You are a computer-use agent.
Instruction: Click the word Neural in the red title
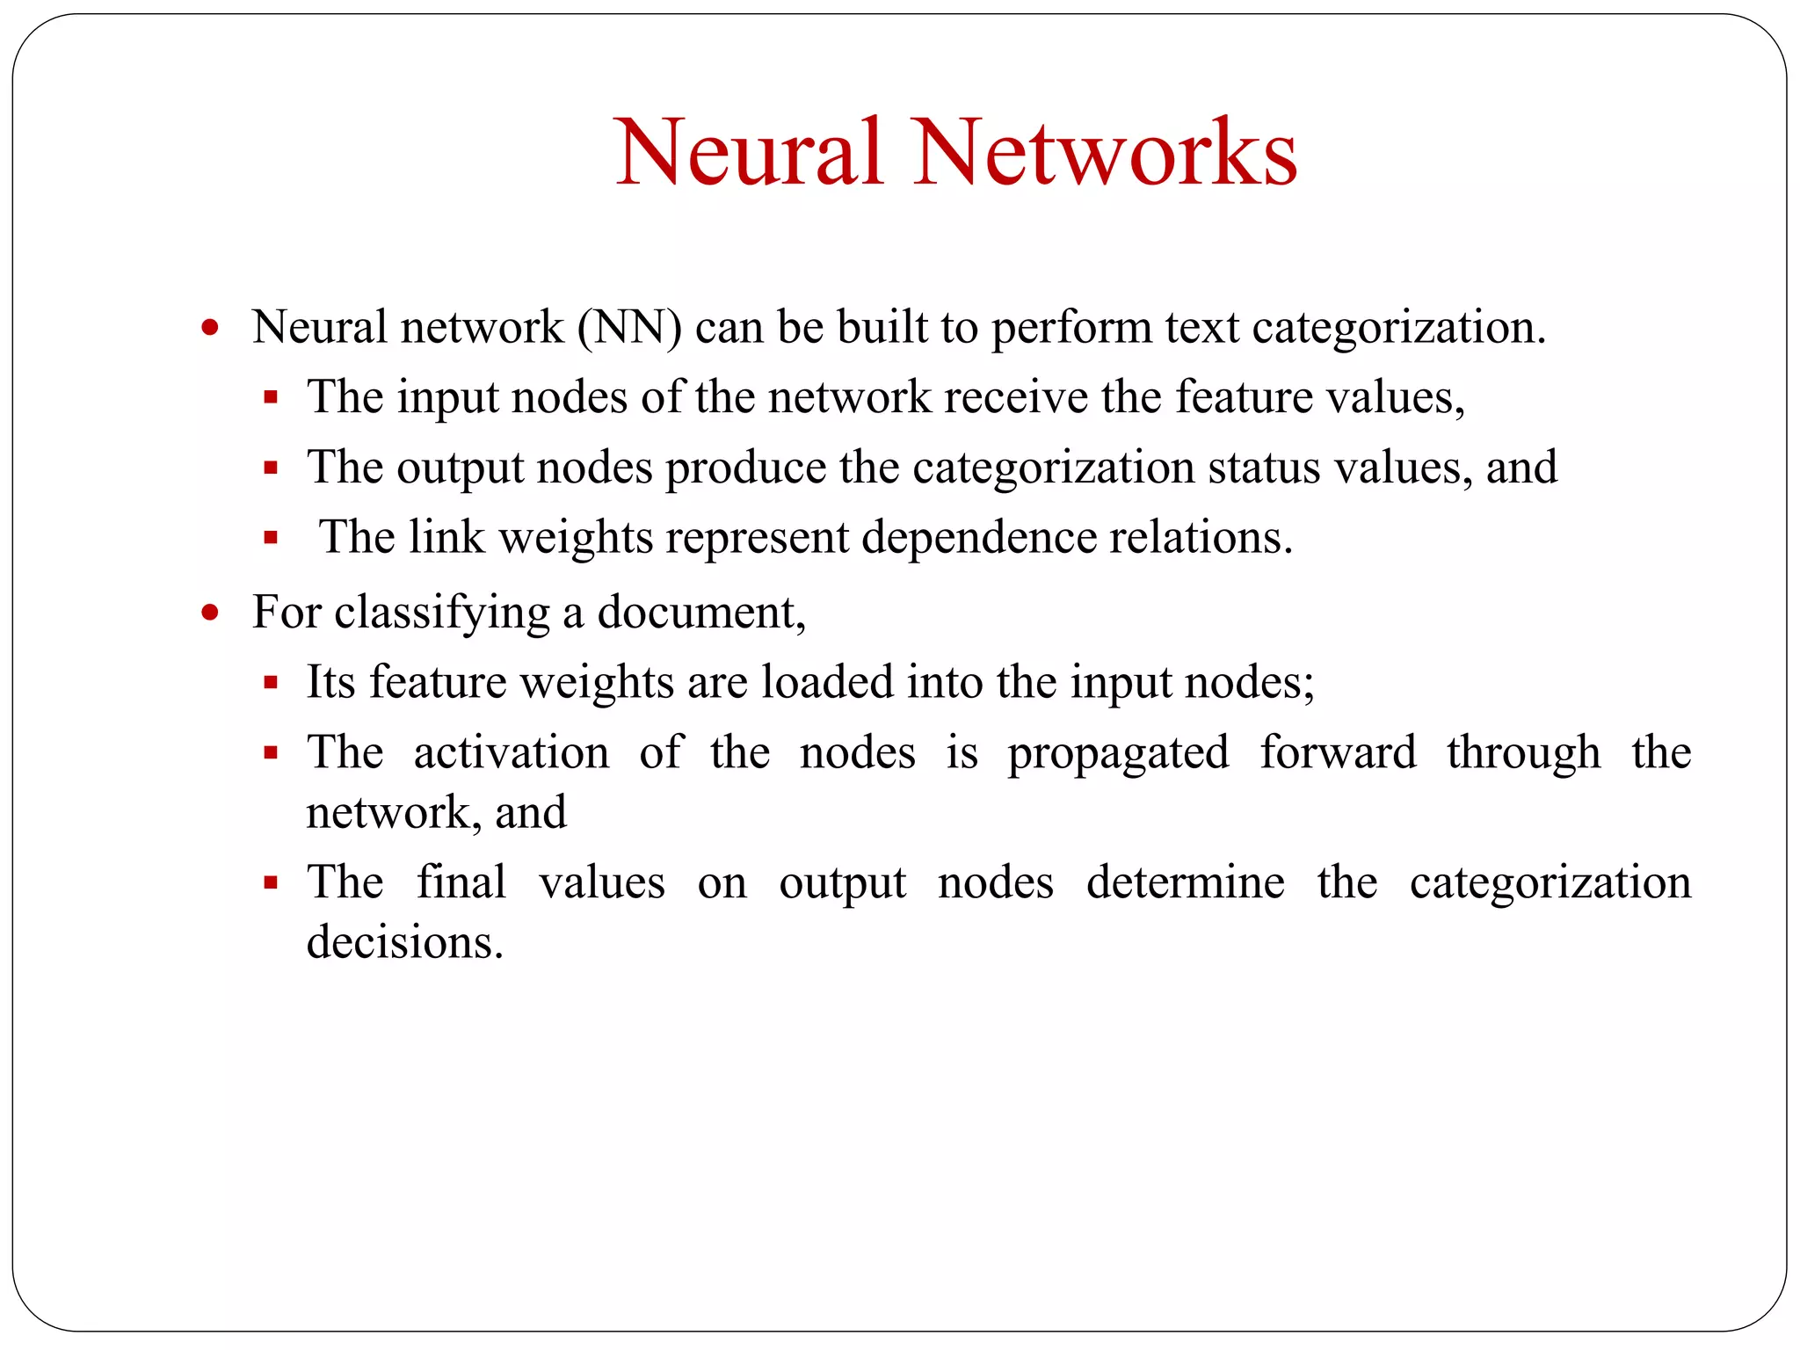click(749, 153)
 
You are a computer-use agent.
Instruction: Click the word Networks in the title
click(1105, 153)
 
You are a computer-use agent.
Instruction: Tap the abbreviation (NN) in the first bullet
click(629, 328)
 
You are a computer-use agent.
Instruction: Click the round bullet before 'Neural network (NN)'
click(209, 329)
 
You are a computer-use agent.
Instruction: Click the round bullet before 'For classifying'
click(209, 613)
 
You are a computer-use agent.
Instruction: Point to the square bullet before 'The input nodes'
click(271, 398)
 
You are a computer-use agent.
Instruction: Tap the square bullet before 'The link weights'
click(271, 538)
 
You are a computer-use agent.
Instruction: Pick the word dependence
click(979, 539)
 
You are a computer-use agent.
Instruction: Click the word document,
click(701, 613)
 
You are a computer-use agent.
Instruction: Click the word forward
click(1338, 752)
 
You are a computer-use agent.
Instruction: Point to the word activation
click(511, 752)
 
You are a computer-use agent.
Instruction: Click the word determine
click(1185, 882)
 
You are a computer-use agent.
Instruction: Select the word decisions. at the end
click(404, 942)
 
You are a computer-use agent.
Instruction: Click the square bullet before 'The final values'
click(271, 883)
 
